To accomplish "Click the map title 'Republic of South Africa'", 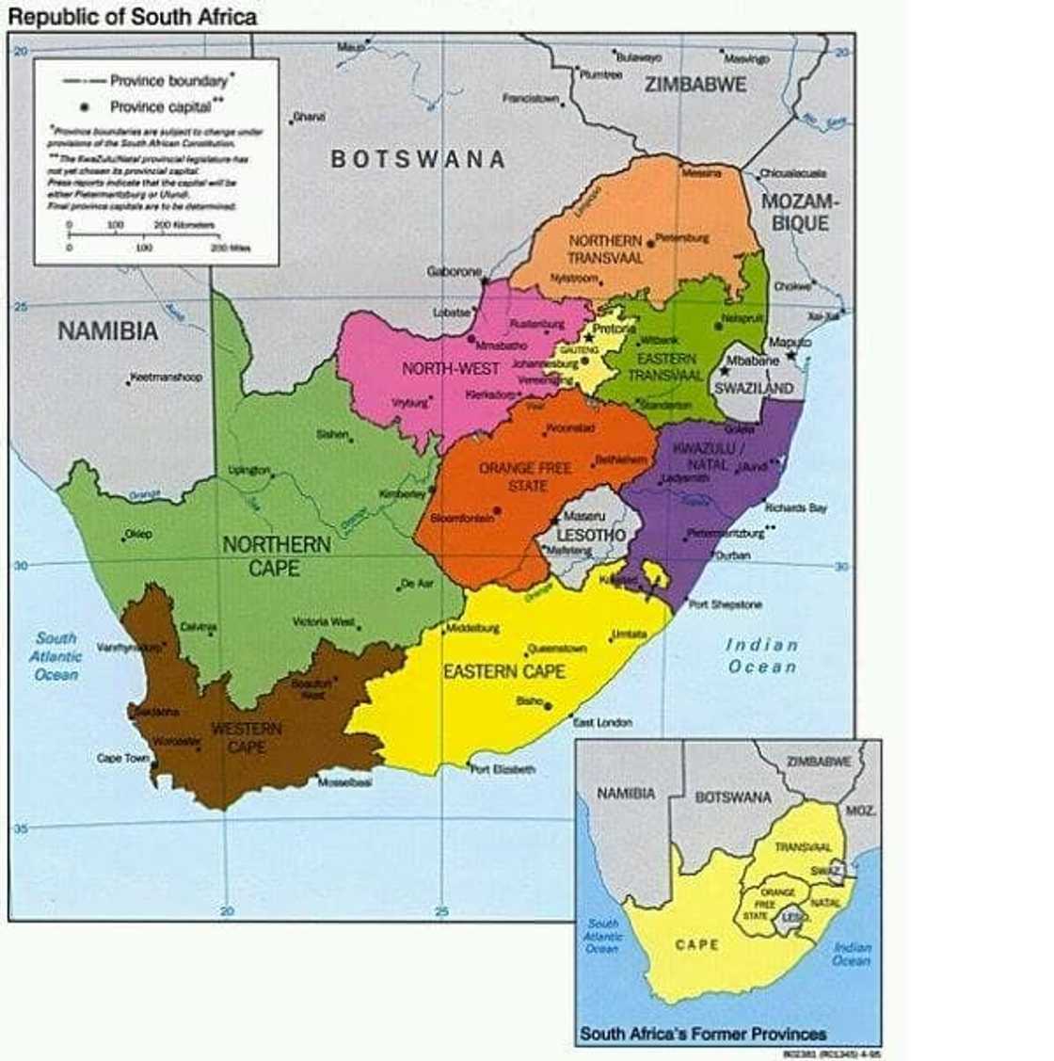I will point(132,16).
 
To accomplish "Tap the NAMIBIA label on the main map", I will point(108,331).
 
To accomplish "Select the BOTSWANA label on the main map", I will point(418,159).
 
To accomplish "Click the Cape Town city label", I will point(123,758).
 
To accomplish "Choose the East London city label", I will point(603,723).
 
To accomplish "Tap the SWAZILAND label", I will point(753,388).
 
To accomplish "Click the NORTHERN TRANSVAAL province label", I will point(605,249).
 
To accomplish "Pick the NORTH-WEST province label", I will point(451,369).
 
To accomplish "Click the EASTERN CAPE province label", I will point(504,671).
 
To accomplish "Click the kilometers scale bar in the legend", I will point(141,232).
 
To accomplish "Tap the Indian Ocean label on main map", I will point(762,656).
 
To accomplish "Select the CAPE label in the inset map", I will point(696,944).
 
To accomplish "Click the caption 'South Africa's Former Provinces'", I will point(702,1034).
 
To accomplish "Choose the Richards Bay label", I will point(795,508).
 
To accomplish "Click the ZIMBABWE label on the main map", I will point(695,85).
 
